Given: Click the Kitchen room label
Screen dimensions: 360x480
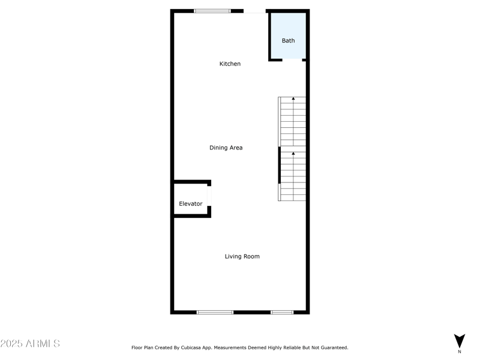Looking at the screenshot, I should point(230,64).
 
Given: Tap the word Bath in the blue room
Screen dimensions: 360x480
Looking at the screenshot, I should point(289,41).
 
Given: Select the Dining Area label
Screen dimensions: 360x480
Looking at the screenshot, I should point(226,148).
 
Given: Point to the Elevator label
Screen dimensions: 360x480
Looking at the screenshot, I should point(191,204).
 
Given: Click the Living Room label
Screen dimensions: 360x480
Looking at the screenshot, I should point(242,256).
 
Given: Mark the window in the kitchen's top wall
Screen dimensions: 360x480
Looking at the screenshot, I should point(212,11).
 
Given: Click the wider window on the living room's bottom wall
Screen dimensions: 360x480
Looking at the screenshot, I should point(215,312).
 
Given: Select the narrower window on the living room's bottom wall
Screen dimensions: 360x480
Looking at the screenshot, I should point(282,312).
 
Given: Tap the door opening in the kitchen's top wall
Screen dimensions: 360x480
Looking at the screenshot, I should point(255,11).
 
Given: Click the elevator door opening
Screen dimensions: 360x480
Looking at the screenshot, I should point(209,196).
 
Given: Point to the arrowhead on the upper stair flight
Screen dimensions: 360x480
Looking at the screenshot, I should point(293,98).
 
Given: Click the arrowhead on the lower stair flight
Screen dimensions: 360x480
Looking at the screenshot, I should point(293,154).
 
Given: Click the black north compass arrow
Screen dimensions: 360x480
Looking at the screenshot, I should point(460,340).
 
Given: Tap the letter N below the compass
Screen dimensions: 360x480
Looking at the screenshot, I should point(460,352).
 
